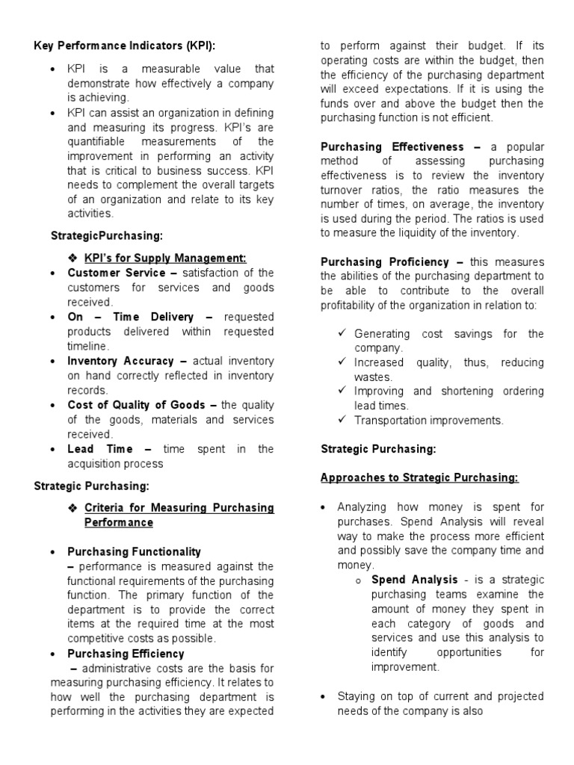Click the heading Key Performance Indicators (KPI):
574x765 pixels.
[x=124, y=46]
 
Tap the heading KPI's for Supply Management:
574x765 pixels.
[x=164, y=258]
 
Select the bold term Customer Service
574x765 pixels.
[x=117, y=273]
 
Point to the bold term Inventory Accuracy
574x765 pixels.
[x=120, y=361]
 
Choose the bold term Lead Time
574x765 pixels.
[x=100, y=449]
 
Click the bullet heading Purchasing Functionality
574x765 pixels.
[x=134, y=551]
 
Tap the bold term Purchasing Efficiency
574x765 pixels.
[x=126, y=654]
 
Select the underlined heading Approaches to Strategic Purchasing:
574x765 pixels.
[x=419, y=477]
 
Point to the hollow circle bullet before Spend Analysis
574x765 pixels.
[x=358, y=580]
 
